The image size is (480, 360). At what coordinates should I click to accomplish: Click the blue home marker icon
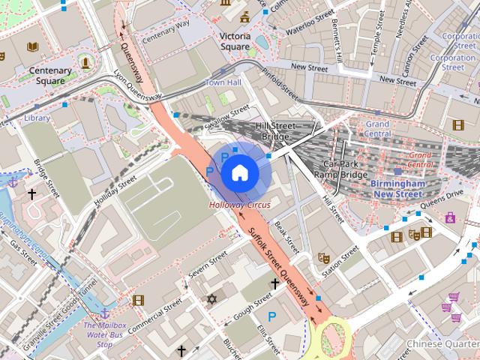tap(238, 172)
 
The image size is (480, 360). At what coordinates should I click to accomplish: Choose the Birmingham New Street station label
tap(398, 189)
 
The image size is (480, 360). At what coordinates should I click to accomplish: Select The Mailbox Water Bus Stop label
tap(104, 334)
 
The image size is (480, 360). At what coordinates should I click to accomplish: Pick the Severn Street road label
tap(208, 266)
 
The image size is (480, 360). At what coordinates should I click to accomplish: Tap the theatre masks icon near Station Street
tap(325, 257)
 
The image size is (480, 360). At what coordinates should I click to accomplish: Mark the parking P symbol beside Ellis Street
tap(272, 316)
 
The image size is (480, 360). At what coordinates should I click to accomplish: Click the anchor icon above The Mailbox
tap(104, 311)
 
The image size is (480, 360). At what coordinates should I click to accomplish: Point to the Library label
tap(36, 118)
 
